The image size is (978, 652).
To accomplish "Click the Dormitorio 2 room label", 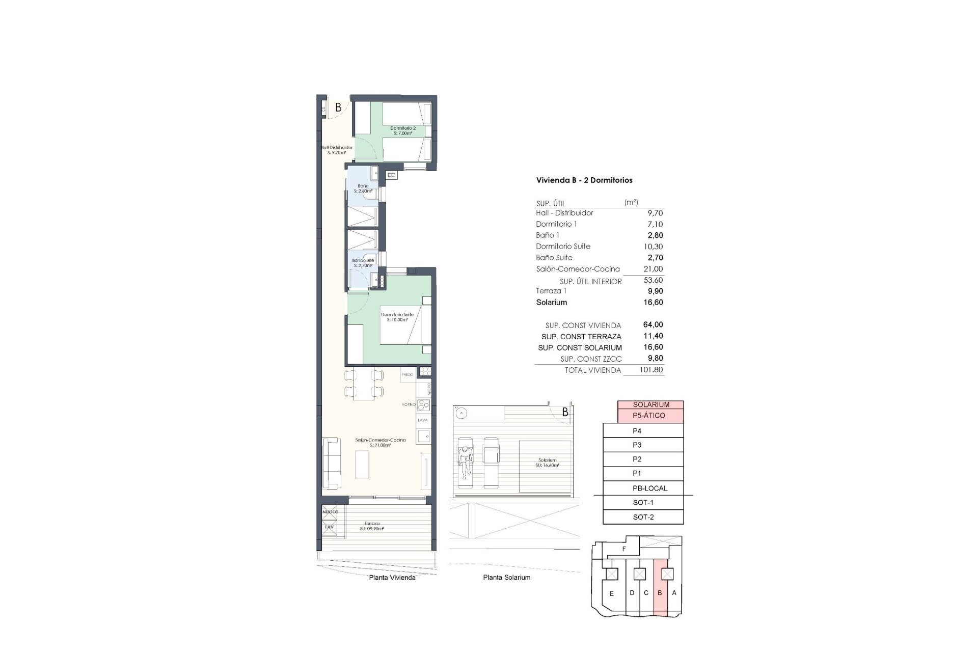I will tap(403, 131).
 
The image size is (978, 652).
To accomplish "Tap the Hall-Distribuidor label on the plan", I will tap(337, 150).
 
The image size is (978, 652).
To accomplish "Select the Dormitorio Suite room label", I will tap(397, 317).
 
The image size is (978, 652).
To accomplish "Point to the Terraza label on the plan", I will tap(371, 526).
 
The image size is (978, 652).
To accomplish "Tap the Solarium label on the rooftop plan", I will tap(547, 463).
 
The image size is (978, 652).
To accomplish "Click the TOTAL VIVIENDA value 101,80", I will tap(651, 370).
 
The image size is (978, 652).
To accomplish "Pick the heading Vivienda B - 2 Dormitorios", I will tap(584, 180).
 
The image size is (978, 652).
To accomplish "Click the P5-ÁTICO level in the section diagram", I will tap(648, 416).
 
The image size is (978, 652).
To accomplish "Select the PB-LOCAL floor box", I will tap(649, 488).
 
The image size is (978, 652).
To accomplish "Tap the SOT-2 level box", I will tap(643, 517).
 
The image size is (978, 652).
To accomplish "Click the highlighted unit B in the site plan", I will tap(660, 593).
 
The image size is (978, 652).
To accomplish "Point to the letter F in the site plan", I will tap(624, 549).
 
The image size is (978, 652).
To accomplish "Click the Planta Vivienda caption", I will tap(392, 578).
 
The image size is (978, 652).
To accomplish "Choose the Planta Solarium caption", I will tap(506, 578).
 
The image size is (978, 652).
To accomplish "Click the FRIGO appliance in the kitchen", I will tap(407, 374).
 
